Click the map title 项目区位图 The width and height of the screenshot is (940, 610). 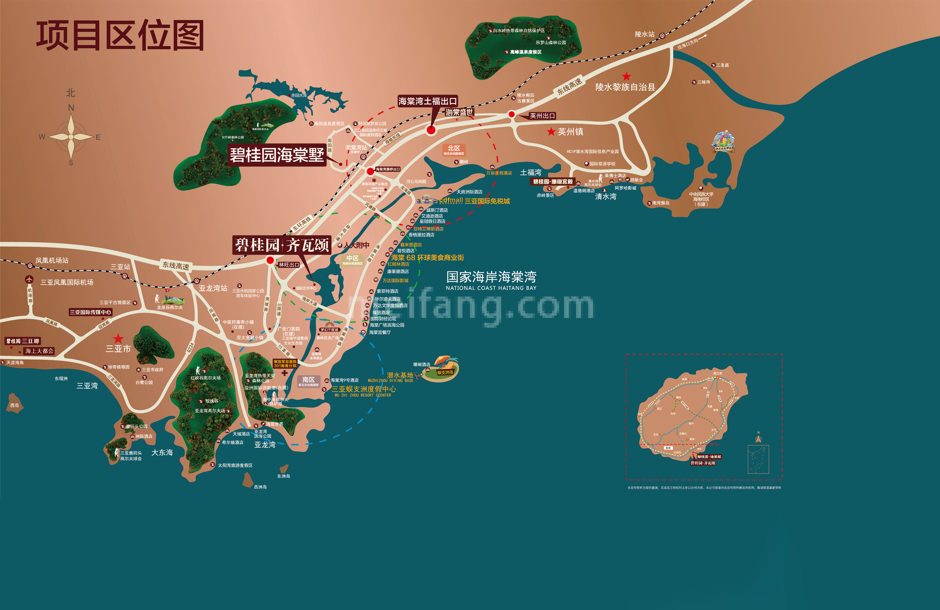point(120,36)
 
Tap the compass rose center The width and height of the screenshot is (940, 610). point(71,136)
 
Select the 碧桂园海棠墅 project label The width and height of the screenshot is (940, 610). point(277,155)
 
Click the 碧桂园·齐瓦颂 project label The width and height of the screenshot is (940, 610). point(282,245)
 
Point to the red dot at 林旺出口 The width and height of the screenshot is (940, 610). point(270,260)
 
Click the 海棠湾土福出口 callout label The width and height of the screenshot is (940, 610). point(428,101)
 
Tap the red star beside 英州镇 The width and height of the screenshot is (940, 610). point(551,132)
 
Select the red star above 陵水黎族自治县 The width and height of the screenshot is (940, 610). point(626,76)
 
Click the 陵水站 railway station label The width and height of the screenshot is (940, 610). point(644,34)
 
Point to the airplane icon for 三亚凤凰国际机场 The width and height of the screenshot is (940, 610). point(29,280)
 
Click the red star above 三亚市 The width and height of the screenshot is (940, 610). point(118,338)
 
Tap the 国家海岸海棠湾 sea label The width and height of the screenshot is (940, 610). point(491,277)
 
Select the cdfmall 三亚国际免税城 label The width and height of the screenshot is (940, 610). point(474,201)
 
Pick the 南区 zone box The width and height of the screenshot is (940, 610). point(308,381)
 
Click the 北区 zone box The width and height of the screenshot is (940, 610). point(454,150)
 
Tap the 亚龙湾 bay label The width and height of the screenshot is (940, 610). point(265,445)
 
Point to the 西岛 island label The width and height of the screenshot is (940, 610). point(15,405)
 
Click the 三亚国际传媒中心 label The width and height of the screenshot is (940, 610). point(91,312)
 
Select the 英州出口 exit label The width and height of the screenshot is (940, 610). point(542,116)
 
